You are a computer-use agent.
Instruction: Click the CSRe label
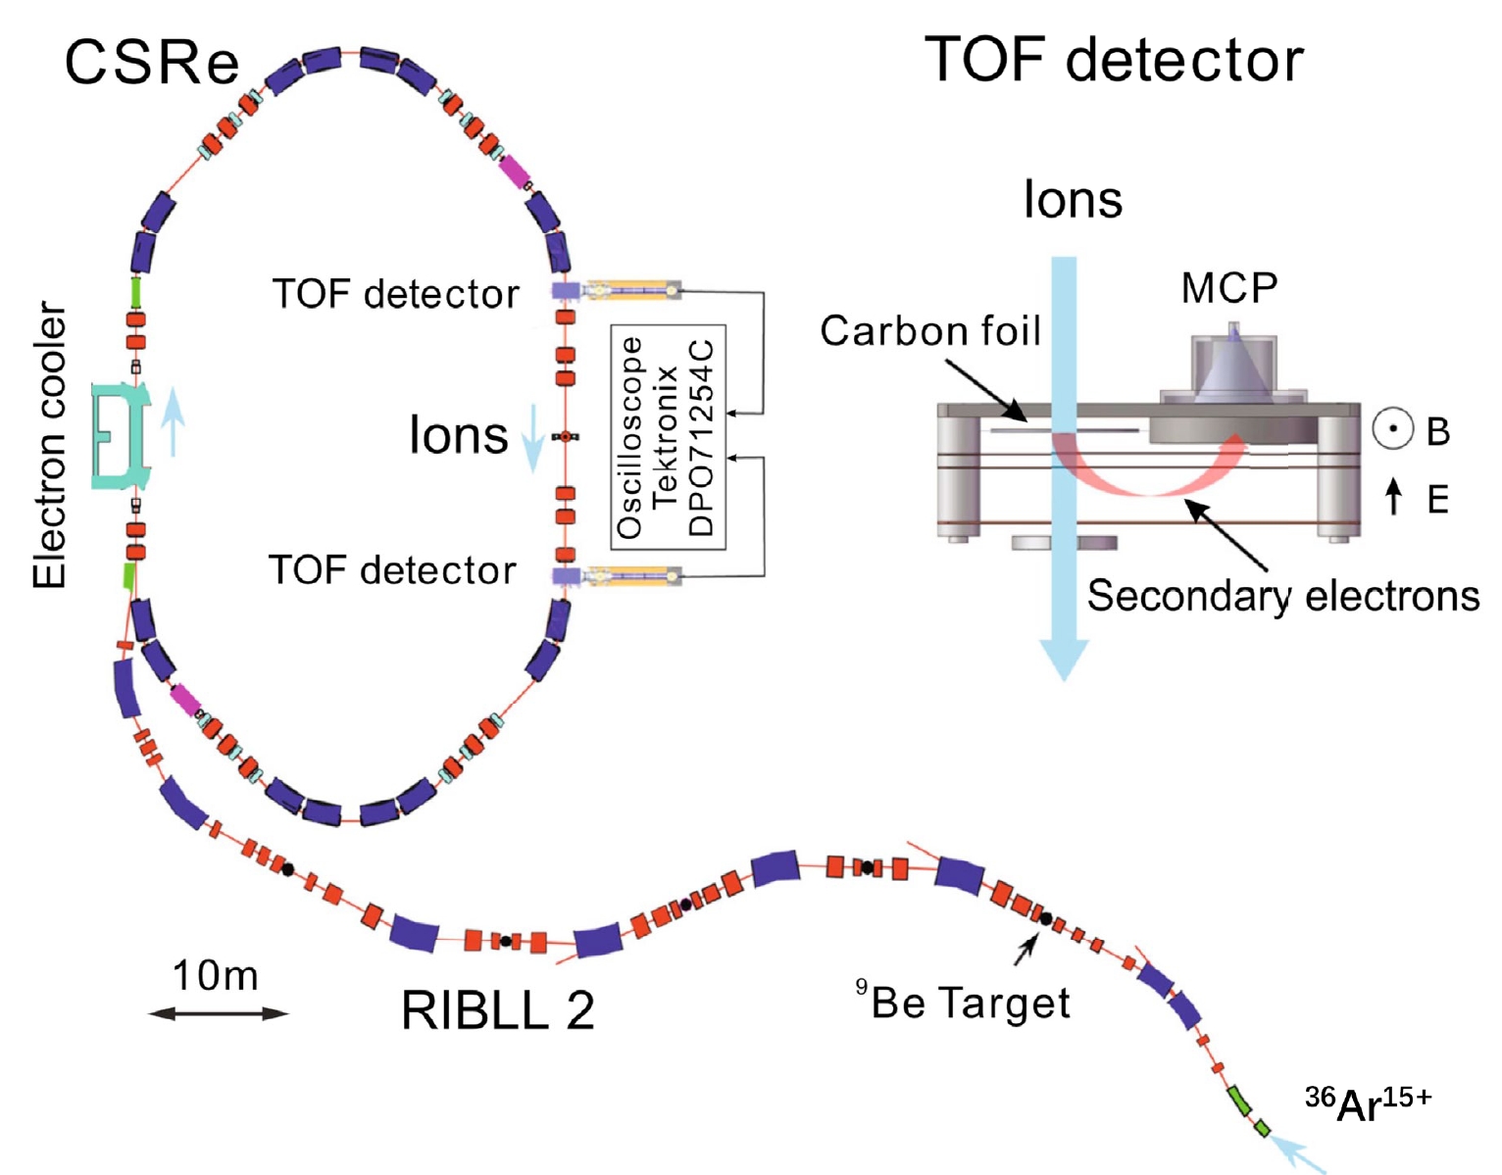[x=151, y=62]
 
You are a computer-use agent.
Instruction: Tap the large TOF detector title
[x=1114, y=61]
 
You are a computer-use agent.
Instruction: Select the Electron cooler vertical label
[x=50, y=446]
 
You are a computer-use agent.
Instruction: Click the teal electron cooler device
[x=121, y=436]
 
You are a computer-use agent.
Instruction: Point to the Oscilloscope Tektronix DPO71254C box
[x=668, y=436]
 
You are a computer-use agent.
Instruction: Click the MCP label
[x=1229, y=288]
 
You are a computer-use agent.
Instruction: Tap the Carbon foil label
[x=929, y=331]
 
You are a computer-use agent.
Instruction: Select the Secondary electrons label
[x=1283, y=596]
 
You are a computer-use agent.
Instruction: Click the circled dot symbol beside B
[x=1393, y=428]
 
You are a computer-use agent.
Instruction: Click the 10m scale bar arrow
[x=218, y=1014]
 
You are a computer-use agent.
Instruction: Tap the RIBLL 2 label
[x=498, y=1010]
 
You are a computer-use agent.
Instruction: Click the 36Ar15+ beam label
[x=1368, y=1104]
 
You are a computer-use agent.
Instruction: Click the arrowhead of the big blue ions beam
[x=1065, y=661]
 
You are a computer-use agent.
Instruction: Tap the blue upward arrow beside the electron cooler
[x=173, y=421]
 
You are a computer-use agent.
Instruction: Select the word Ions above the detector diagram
[x=1073, y=200]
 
